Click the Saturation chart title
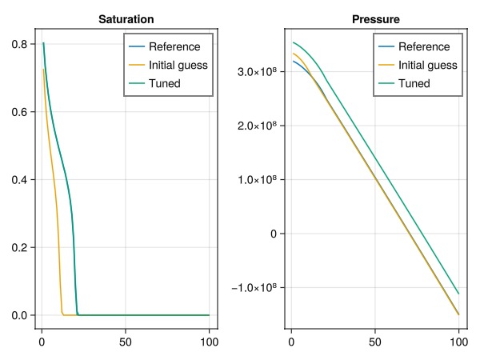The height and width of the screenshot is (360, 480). coord(126,18)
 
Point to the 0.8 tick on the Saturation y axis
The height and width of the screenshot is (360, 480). coord(22,44)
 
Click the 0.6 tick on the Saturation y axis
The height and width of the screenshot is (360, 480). coord(22,112)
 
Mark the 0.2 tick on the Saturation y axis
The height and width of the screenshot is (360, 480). coord(22,247)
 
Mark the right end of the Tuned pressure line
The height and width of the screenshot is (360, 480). coord(458,293)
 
